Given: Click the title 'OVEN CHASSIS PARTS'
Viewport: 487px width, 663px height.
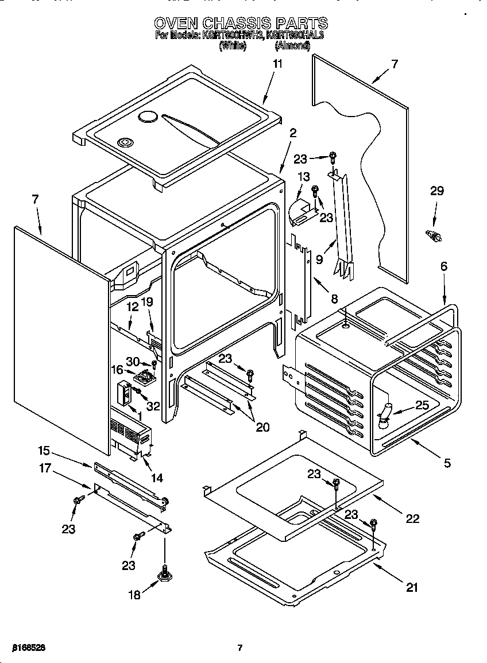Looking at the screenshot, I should (241, 23).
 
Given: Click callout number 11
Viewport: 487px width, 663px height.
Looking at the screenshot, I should (277, 64).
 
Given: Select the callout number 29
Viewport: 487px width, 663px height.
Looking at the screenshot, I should (437, 191).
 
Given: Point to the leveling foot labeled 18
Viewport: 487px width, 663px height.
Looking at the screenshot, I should (165, 573).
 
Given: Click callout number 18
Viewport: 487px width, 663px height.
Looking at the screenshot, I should (134, 595).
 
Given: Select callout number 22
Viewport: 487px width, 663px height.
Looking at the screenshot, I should (412, 518).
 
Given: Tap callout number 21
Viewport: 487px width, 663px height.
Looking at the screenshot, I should (412, 587).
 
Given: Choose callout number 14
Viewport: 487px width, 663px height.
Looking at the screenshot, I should (157, 477).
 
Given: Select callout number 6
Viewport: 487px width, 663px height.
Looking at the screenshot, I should (444, 266).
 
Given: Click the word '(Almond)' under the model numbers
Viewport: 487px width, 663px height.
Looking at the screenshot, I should (296, 46).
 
